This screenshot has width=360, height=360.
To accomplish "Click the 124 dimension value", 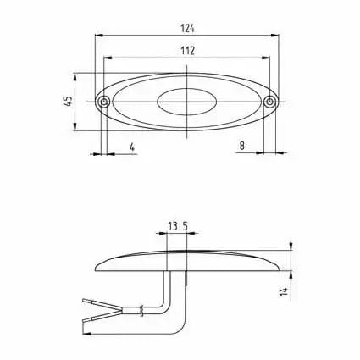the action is tap(188, 28).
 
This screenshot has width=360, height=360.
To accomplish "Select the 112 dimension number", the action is tap(188, 51).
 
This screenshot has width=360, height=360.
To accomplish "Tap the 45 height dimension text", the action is tap(68, 101).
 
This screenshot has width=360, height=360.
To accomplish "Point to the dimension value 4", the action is tap(132, 147).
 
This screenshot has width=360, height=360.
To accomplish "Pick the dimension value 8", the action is tap(242, 146).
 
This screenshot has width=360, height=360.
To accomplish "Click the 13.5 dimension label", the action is tap(178, 226).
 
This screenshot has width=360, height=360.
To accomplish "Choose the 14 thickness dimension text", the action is tap(284, 291).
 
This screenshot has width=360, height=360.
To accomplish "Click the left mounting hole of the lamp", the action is tap(104, 102).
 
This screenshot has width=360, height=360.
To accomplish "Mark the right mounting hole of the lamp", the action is tap(270, 102).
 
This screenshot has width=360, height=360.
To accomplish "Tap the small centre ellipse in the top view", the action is tap(187, 102).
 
